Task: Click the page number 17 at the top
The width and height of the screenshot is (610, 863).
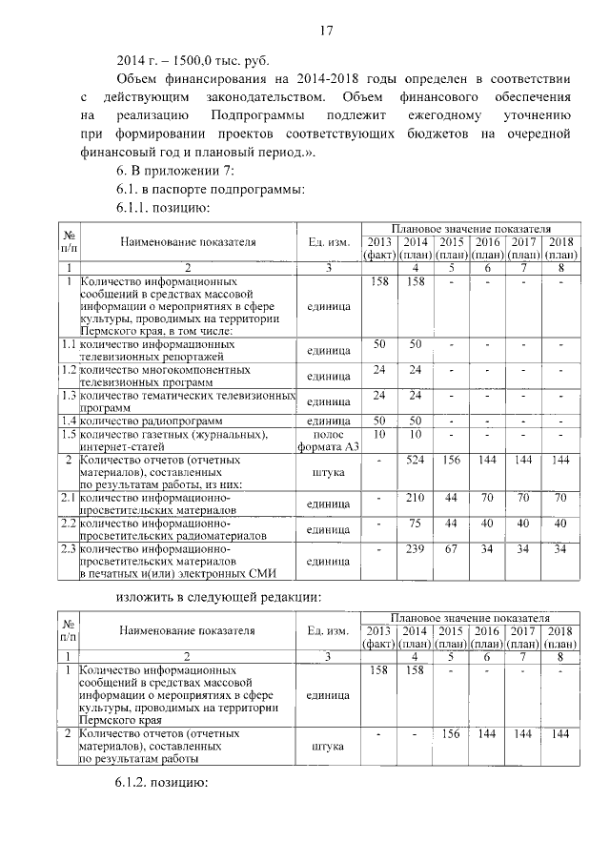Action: (325, 31)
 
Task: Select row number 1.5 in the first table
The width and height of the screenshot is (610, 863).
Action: (69, 435)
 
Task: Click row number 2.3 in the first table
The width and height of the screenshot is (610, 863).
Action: (69, 549)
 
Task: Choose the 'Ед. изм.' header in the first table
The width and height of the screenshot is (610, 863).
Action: (327, 242)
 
